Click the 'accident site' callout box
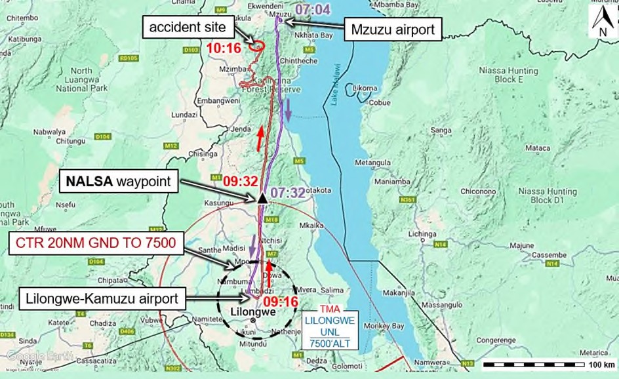click(x=189, y=28)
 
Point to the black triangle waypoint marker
click(x=262, y=198)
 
